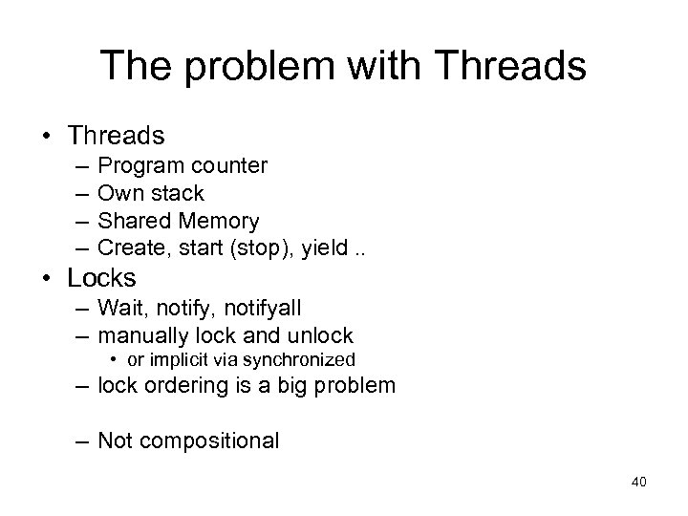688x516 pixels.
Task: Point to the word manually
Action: pyautogui.click(x=143, y=336)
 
